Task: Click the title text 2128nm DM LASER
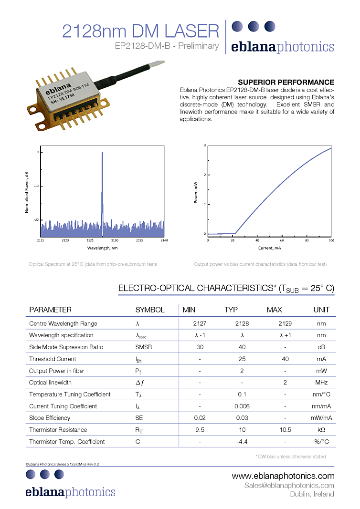(140, 31)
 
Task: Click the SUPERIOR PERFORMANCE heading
(286, 82)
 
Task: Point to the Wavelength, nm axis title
(102, 248)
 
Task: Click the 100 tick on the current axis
(331, 240)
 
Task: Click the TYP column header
(231, 310)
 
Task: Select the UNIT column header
(321, 310)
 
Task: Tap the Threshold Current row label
(53, 359)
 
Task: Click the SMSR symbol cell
(143, 347)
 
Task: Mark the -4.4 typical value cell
(242, 442)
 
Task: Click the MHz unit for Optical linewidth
(321, 383)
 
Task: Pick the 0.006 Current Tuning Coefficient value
(242, 406)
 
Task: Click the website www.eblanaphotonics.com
(283, 476)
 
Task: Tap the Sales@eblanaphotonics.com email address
(289, 485)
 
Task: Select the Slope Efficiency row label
(50, 418)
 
